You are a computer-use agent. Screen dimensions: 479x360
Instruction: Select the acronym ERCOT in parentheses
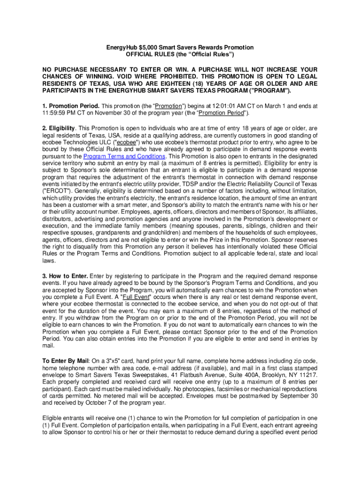point(56,191)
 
